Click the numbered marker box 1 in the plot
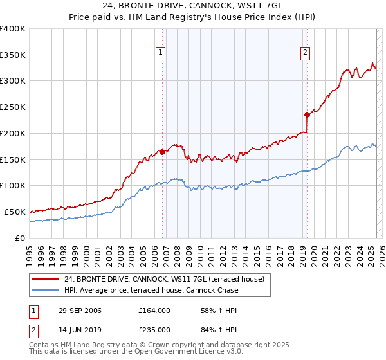point(160,53)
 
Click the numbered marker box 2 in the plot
point(305,53)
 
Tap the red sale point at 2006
point(163,152)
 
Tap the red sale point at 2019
point(307,114)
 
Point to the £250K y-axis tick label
point(13,107)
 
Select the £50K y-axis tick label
point(15,212)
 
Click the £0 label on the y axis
point(21,238)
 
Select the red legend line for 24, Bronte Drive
point(46,279)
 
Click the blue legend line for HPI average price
point(46,290)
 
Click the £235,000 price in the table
point(154,329)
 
